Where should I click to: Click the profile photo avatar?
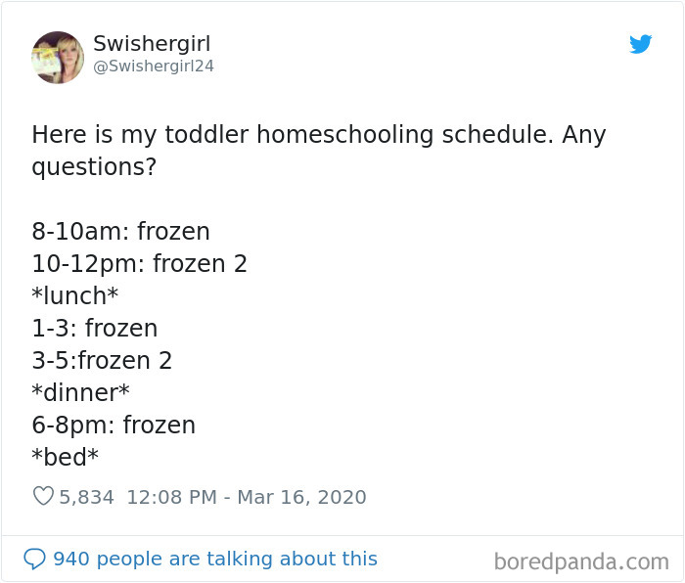click(58, 57)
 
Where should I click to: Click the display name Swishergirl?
click(152, 44)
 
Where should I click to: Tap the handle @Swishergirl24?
click(154, 67)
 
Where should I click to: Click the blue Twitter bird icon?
click(640, 45)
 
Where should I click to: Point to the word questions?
click(94, 167)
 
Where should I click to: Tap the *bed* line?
click(66, 458)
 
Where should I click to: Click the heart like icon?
click(43, 497)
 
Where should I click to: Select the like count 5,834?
click(86, 497)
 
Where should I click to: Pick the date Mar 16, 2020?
click(303, 497)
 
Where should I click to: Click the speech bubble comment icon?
click(35, 559)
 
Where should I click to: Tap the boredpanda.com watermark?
click(581, 561)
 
